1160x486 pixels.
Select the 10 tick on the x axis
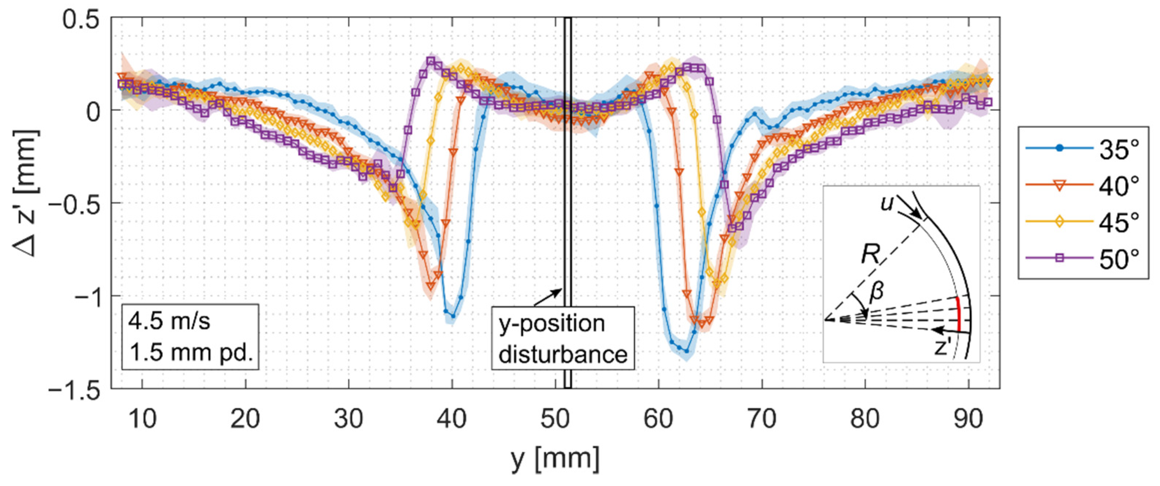point(142,419)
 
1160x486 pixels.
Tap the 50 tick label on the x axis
point(555,419)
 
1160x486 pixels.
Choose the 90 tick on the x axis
point(968,419)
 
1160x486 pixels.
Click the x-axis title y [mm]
point(555,459)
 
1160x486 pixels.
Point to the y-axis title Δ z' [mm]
point(27,194)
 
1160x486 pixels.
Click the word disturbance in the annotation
point(563,355)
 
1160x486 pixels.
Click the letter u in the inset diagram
point(886,204)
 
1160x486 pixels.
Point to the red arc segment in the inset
point(959,314)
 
